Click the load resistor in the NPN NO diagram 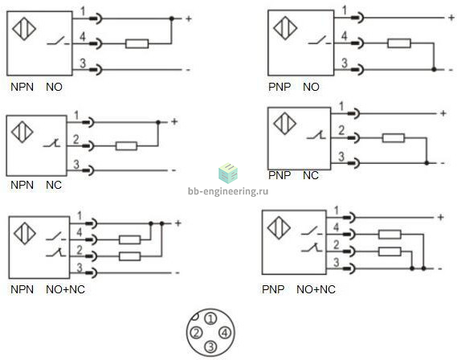(x=137, y=43)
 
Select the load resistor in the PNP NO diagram (x=399, y=43)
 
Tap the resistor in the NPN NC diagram (x=126, y=145)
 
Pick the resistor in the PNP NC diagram (x=394, y=138)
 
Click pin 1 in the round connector (x=210, y=318)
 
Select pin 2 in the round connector (x=196, y=333)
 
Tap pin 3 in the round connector (x=210, y=346)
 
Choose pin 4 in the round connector (x=225, y=333)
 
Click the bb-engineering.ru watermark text (x=228, y=191)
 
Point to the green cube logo (x=228, y=173)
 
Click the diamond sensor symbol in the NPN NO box (x=24, y=29)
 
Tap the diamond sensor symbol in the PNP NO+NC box (x=279, y=227)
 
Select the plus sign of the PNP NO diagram (x=451, y=18)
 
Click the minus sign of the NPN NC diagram (x=174, y=170)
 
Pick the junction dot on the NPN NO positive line (x=172, y=18)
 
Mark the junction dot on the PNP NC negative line (x=426, y=163)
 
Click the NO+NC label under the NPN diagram (x=65, y=289)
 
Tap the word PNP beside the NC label (x=280, y=175)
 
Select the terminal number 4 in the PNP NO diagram (x=345, y=36)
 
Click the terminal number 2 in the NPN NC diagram (x=75, y=139)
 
